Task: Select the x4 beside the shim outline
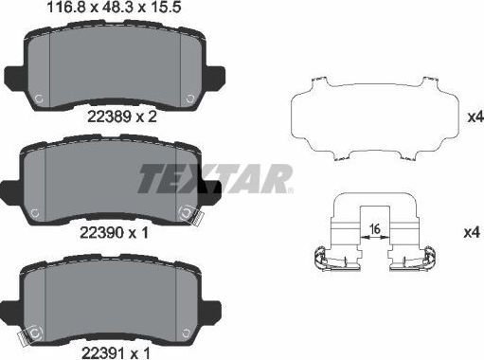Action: tap(475, 117)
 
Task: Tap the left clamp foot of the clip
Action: tap(322, 254)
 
